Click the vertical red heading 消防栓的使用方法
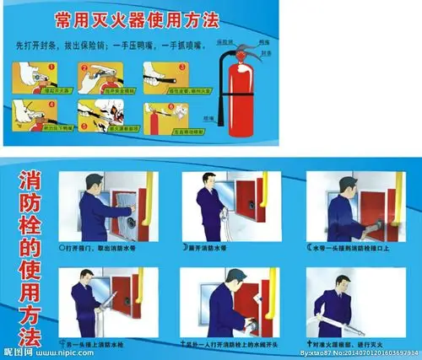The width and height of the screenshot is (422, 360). pos(28,252)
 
